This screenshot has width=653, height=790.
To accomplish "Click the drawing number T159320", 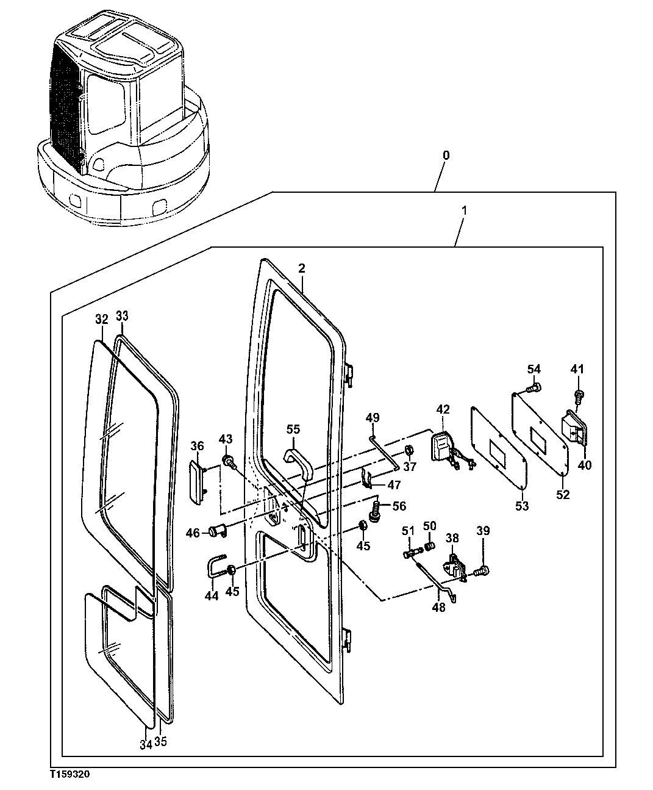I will (x=70, y=773).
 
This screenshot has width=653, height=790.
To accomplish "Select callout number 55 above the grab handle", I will (x=293, y=429).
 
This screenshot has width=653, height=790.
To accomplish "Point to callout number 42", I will (x=443, y=409).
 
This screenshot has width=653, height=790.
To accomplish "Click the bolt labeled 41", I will (x=579, y=395).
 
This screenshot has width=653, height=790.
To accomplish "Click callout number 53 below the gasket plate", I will (x=523, y=506).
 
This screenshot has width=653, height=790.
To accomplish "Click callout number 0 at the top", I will (x=446, y=156).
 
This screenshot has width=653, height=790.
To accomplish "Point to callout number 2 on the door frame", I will (x=301, y=268).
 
